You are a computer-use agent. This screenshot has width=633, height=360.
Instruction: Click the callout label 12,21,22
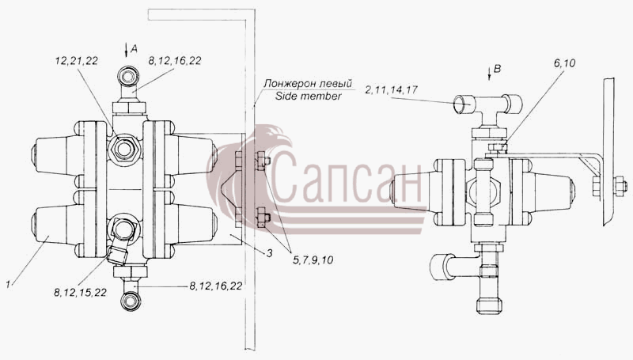click(76, 61)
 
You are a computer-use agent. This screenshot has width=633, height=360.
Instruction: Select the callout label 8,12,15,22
click(80, 292)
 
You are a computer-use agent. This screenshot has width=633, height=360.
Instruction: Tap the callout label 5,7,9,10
click(313, 260)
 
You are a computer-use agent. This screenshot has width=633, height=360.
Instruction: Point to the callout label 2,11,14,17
click(391, 90)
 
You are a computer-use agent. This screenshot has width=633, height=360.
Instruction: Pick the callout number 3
click(269, 253)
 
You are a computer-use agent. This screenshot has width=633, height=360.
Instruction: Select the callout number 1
click(8, 284)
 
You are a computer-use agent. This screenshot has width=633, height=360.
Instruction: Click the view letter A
click(135, 49)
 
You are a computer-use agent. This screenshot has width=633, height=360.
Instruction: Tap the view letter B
click(498, 69)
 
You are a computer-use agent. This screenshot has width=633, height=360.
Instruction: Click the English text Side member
click(308, 96)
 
